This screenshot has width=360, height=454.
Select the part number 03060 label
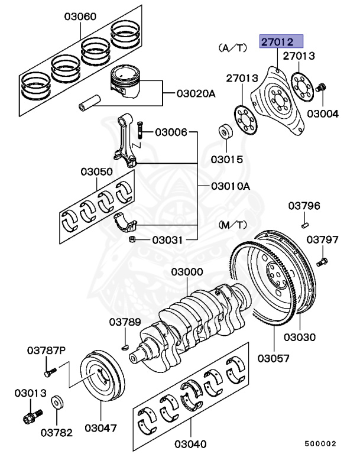[80, 18]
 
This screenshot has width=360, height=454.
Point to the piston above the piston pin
[129, 83]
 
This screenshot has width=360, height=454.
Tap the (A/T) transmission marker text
[231, 46]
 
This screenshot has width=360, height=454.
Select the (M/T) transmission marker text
[233, 225]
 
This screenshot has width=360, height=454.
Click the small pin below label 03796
[304, 223]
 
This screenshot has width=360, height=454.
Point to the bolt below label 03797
[322, 260]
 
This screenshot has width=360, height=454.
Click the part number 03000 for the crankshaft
[187, 273]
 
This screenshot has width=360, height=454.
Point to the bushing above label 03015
[225, 131]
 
